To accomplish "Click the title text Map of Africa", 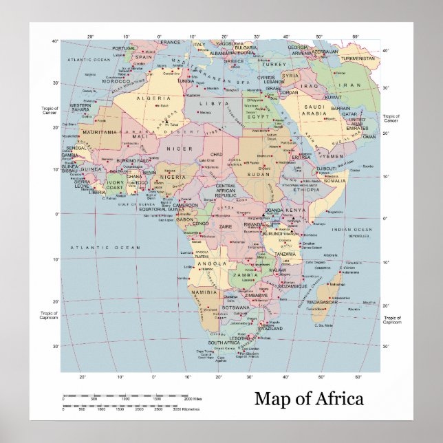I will coord(309,398).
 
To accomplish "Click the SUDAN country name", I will coord(259,175).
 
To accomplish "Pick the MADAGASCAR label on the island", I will coord(322,302).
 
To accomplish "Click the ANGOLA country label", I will coord(212,263).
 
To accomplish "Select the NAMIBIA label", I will coord(204,292).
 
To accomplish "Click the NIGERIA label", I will coord(173,177).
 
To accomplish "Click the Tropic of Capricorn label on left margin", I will coord(49,315).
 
